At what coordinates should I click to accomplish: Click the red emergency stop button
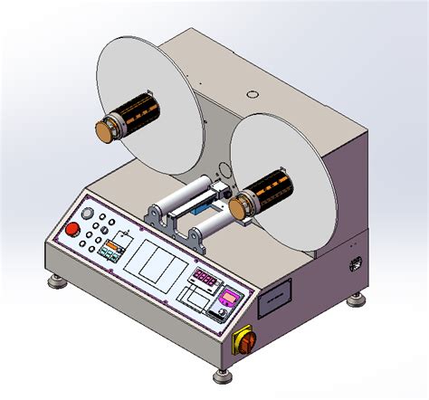pyautogui.click(x=71, y=229)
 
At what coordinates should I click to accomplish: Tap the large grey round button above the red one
pyautogui.click(x=87, y=214)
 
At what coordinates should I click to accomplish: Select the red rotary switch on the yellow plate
pyautogui.click(x=243, y=341)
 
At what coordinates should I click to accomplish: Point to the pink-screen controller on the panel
pyautogui.click(x=233, y=297)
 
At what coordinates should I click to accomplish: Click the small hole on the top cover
pyautogui.click(x=250, y=93)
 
